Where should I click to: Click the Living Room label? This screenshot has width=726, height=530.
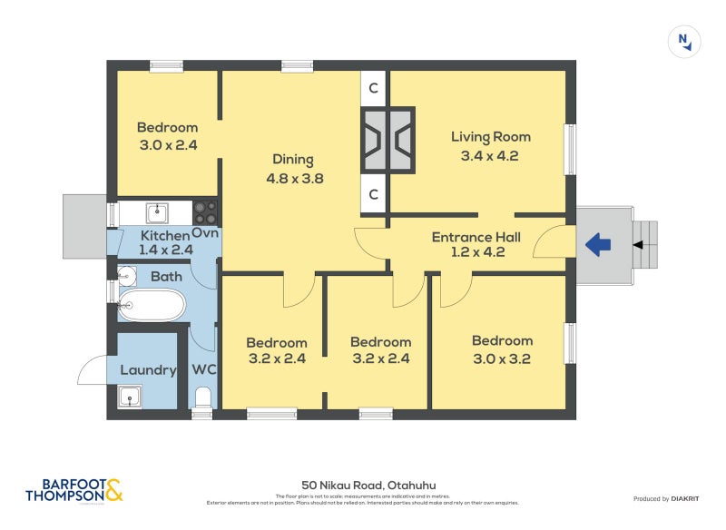491,137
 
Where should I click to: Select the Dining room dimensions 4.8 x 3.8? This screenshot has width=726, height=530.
295,179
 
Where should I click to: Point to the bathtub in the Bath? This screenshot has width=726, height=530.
152,305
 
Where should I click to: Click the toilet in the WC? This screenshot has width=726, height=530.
202,397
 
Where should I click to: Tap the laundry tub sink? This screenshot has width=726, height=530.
131,397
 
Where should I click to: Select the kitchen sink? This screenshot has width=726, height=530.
158,212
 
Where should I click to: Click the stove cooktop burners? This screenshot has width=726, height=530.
205,212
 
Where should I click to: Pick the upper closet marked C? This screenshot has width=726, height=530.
374,88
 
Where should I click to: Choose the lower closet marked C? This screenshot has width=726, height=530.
374,193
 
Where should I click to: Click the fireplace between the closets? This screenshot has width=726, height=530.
388,140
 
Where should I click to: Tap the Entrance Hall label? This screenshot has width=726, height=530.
476,237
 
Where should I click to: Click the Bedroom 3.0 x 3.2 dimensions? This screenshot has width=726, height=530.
502,358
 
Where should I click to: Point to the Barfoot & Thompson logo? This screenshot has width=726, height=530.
73,490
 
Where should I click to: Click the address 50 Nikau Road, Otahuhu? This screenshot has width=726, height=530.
362,486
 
